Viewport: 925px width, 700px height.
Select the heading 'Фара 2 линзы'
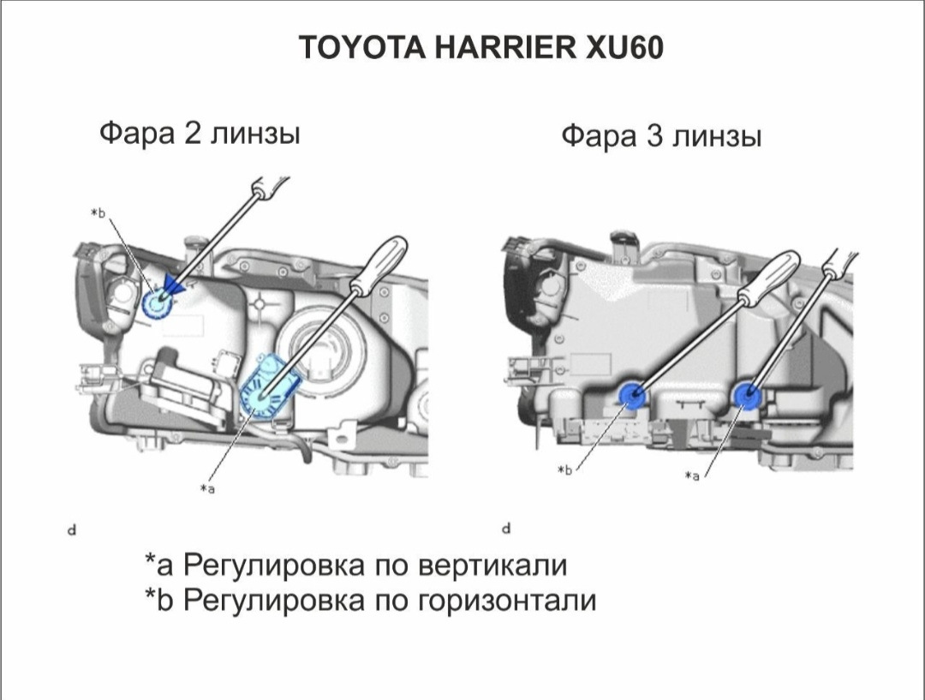tap(200, 134)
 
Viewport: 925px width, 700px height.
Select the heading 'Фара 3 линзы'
tap(660, 137)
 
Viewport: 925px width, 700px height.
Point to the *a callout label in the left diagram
tap(207, 488)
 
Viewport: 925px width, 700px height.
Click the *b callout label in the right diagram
tap(564, 470)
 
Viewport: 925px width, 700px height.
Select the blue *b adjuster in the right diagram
tap(633, 393)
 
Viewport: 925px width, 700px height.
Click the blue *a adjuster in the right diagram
tap(748, 394)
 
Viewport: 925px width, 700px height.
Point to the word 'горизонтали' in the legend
tap(506, 601)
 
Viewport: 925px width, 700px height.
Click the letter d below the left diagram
tap(72, 529)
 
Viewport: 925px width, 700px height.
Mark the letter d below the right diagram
tap(507, 528)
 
